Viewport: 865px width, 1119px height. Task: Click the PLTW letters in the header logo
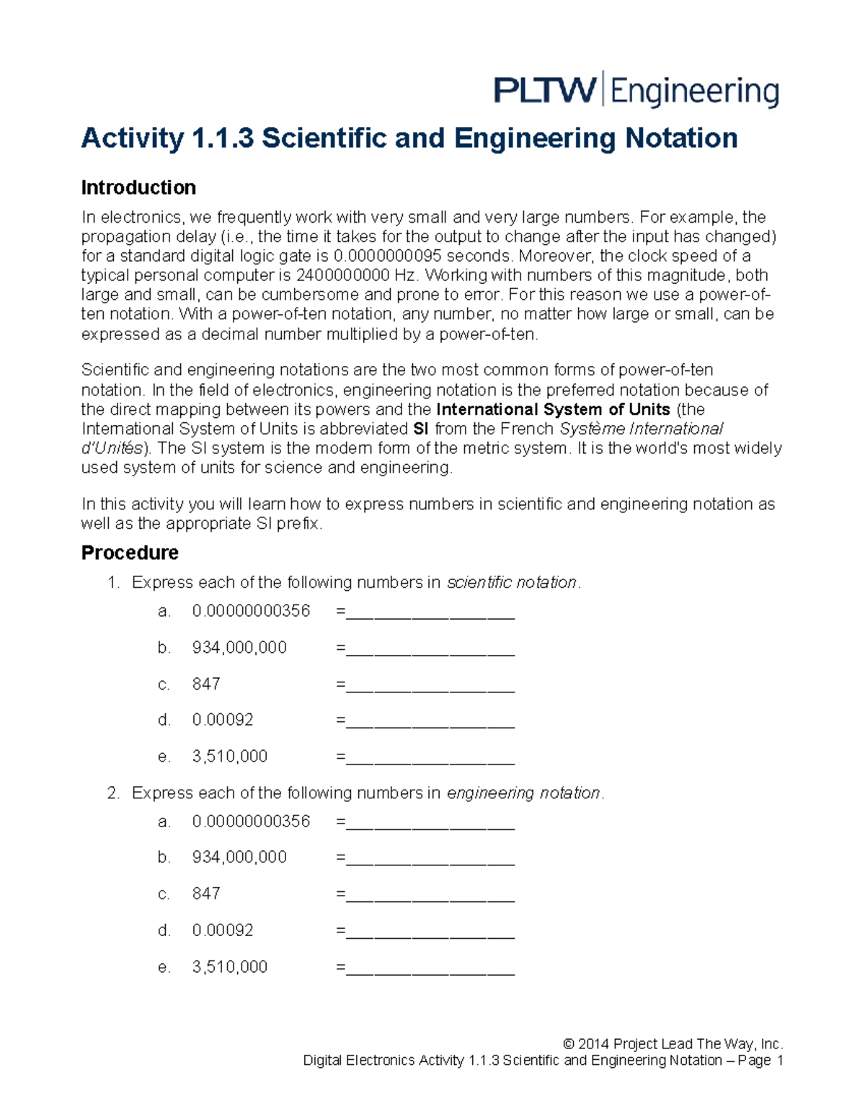pyautogui.click(x=545, y=92)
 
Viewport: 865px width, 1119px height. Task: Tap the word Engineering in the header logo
pyautogui.click(x=695, y=93)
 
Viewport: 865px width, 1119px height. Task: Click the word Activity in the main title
pyautogui.click(x=132, y=138)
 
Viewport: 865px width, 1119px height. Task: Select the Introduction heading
pyautogui.click(x=138, y=187)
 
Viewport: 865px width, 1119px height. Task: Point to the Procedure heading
pyautogui.click(x=130, y=553)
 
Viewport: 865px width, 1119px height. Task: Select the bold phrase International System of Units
pyautogui.click(x=554, y=410)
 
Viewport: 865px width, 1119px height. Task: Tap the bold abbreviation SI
pyautogui.click(x=421, y=429)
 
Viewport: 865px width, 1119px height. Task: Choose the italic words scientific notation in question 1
pyautogui.click(x=512, y=582)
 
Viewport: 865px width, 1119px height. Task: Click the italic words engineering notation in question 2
pyautogui.click(x=523, y=793)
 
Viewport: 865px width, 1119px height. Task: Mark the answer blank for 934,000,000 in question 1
pyautogui.click(x=430, y=648)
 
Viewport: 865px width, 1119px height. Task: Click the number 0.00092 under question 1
pyautogui.click(x=223, y=720)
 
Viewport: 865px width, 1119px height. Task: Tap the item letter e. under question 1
pyautogui.click(x=164, y=757)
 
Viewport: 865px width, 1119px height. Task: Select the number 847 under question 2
pyautogui.click(x=206, y=893)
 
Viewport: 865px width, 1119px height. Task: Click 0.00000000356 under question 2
pyautogui.click(x=251, y=821)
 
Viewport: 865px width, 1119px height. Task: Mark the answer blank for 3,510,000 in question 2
pyautogui.click(x=430, y=968)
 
